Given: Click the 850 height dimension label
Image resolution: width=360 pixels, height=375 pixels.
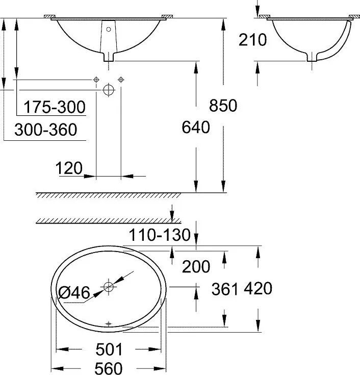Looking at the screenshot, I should pyautogui.click(x=223, y=106).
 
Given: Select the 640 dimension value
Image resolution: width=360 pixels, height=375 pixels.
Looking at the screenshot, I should pyautogui.click(x=196, y=127).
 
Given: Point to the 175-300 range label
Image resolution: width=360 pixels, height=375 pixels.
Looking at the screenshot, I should pyautogui.click(x=55, y=107).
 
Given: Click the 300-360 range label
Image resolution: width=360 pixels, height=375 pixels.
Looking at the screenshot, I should pyautogui.click(x=45, y=130).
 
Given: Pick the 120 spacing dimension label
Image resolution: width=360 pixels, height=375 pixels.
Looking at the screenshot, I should pyautogui.click(x=70, y=168).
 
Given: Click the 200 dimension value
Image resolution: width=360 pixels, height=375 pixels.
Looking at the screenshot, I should pyautogui.click(x=196, y=266).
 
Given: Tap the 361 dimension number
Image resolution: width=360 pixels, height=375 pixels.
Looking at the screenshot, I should pyautogui.click(x=225, y=289).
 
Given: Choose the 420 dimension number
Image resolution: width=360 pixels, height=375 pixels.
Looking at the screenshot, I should pyautogui.click(x=258, y=289).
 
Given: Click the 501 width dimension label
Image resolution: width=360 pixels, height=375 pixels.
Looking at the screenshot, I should pyautogui.click(x=109, y=349).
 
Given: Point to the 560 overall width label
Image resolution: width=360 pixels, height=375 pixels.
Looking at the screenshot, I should pyautogui.click(x=109, y=367).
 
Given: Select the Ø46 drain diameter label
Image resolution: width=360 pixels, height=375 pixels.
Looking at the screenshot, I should pyautogui.click(x=74, y=292).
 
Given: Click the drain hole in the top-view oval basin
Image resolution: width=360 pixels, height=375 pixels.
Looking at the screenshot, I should pyautogui.click(x=108, y=287).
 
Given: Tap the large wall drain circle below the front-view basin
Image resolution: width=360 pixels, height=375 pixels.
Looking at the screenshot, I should pyautogui.click(x=108, y=90).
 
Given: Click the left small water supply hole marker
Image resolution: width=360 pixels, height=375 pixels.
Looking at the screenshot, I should pyautogui.click(x=96, y=80).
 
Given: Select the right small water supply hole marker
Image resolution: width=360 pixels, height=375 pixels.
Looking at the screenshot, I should pyautogui.click(x=121, y=80).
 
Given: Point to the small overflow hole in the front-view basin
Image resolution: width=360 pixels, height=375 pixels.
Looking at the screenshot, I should pyautogui.click(x=108, y=30).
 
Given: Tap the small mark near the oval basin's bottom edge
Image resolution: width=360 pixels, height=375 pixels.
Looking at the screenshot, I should pyautogui.click(x=108, y=323).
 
